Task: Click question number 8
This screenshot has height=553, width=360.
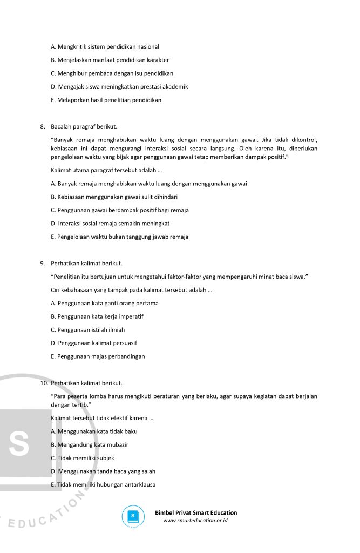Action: (x=42, y=127)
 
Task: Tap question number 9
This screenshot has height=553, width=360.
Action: (x=42, y=264)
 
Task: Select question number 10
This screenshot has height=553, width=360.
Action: (x=44, y=383)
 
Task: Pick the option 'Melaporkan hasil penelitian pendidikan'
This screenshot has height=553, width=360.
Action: (x=106, y=100)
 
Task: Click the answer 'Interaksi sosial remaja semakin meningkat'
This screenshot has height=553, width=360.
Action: (x=110, y=224)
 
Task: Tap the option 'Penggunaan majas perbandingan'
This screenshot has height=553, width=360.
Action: (x=98, y=356)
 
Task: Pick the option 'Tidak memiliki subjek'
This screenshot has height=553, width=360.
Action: (x=82, y=458)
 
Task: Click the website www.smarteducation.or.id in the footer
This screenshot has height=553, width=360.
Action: (x=195, y=521)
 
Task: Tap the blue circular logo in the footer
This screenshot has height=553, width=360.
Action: (x=130, y=516)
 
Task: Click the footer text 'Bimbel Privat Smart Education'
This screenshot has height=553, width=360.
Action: (x=196, y=513)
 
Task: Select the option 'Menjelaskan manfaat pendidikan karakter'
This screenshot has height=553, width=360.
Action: (x=110, y=60)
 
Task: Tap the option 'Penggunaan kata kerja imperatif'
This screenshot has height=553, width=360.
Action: (x=97, y=316)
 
